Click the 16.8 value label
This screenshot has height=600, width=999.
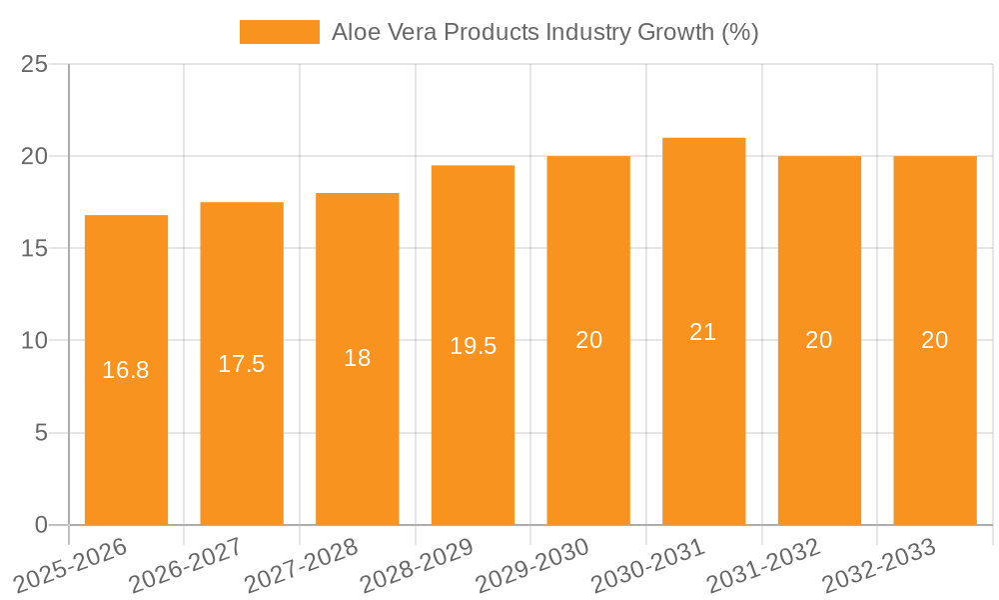pos(126,370)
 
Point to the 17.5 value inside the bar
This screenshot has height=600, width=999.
pos(242,364)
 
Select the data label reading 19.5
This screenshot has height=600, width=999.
pos(473,346)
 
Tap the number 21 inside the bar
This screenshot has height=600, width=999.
pos(703,332)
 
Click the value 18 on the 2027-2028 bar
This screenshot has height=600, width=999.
pos(358,359)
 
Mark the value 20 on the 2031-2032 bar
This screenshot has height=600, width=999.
pos(819,340)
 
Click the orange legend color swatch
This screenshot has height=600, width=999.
pos(279,32)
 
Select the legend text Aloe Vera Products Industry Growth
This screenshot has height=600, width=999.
pos(545,32)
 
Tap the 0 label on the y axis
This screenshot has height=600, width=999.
pos(41,525)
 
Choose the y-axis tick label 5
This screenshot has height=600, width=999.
pos(41,433)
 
